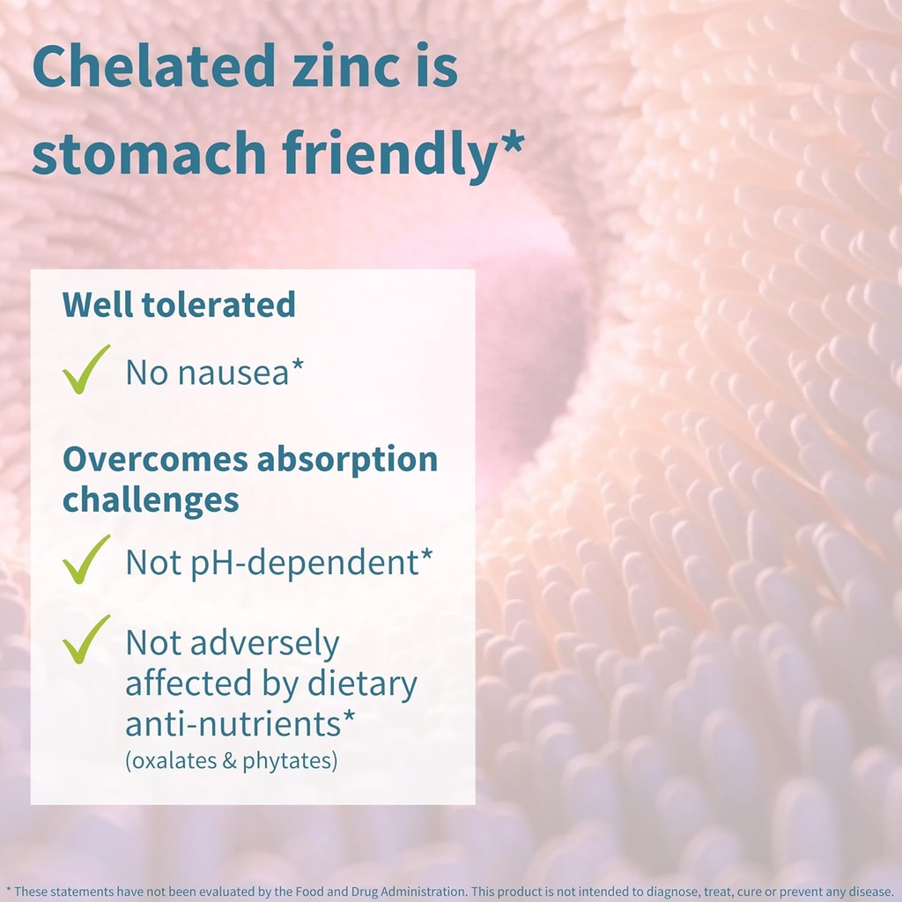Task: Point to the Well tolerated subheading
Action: [x=179, y=305]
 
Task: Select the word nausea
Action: [x=233, y=373]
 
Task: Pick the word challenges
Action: [x=151, y=499]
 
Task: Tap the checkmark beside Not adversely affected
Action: [x=86, y=639]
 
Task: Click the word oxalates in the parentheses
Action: [x=171, y=760]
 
